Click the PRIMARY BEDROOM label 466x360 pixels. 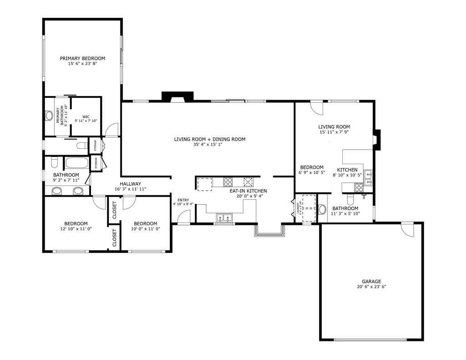tap(82, 58)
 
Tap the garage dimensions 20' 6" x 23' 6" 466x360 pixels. tap(371, 287)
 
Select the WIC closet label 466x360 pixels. tap(86, 117)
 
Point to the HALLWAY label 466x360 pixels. tap(130, 183)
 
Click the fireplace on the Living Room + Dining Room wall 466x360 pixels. tap(177, 97)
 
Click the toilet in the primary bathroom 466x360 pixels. tap(49, 116)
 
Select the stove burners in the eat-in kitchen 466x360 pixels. tap(228, 183)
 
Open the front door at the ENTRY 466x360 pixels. tap(183, 218)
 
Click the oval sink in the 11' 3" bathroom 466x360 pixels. tap(322, 209)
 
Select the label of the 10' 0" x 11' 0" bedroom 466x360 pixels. tap(145, 223)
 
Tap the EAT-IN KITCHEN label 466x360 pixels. tap(248, 191)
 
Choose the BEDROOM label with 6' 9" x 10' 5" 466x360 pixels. tap(312, 167)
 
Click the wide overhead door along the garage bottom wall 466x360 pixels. tap(371, 340)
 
